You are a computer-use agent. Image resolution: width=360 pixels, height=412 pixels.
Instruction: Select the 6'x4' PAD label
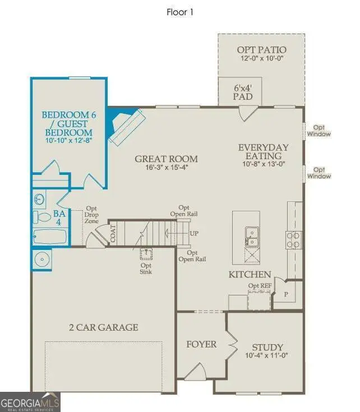point(243,92)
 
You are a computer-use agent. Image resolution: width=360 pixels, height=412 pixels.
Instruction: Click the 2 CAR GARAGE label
point(104,327)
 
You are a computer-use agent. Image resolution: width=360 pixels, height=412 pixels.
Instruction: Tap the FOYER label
point(201,344)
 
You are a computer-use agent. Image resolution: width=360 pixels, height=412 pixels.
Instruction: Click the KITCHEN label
point(250,275)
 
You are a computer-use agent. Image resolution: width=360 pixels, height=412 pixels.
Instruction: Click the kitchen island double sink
point(251,236)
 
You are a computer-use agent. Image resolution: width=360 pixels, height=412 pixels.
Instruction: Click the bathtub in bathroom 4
point(50,235)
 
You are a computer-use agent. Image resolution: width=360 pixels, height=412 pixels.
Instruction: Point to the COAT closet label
point(113,234)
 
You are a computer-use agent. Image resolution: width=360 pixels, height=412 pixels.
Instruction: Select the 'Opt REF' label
point(259,286)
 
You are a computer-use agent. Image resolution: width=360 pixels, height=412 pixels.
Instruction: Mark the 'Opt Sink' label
point(146,269)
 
